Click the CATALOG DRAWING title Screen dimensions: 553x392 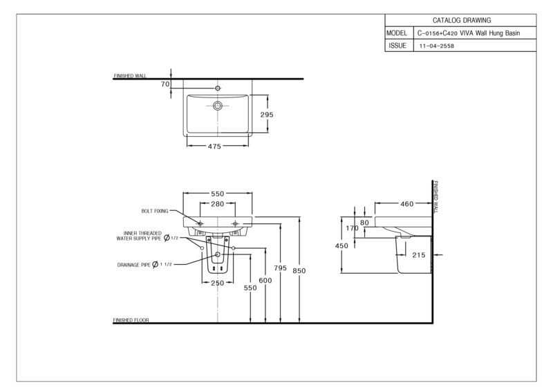[x=462, y=21]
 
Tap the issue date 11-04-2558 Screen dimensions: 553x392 [x=437, y=46]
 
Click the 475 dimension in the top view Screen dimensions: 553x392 [x=214, y=146]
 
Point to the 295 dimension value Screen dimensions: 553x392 [x=267, y=115]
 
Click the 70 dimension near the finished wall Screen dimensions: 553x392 [x=165, y=84]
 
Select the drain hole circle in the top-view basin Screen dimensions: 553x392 [x=218, y=106]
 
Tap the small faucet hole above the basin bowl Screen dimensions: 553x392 [x=218, y=88]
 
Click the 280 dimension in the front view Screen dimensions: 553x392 [x=218, y=204]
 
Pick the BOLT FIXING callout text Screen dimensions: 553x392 [x=155, y=211]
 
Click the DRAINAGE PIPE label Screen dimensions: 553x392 [x=134, y=265]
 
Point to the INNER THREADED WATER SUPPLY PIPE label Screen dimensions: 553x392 [x=139, y=236]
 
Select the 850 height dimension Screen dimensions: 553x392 [x=299, y=271]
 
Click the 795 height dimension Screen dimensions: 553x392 [x=281, y=268]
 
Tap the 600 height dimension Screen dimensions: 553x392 [x=265, y=281]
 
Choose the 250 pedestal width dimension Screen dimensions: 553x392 [x=218, y=283]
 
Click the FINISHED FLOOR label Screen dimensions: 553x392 [x=131, y=320]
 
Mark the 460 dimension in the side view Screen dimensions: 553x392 [x=406, y=204]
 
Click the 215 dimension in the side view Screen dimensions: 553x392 [x=419, y=255]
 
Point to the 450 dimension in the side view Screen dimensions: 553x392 [x=341, y=246]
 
